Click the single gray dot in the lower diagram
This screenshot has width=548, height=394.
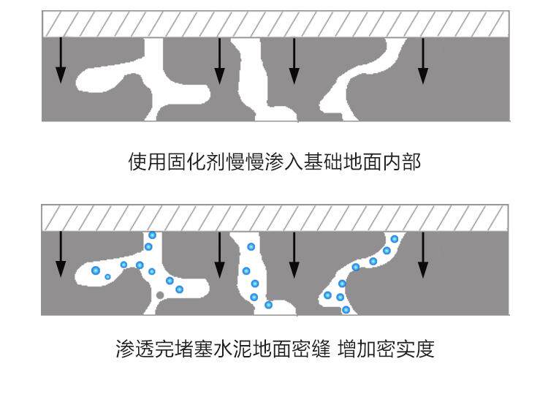(x=159, y=295)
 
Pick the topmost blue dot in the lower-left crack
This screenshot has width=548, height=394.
(x=152, y=235)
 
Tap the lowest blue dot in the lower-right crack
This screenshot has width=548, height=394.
(x=346, y=310)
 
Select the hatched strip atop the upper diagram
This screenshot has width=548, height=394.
(x=275, y=24)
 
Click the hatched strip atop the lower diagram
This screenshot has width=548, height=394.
(x=275, y=218)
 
